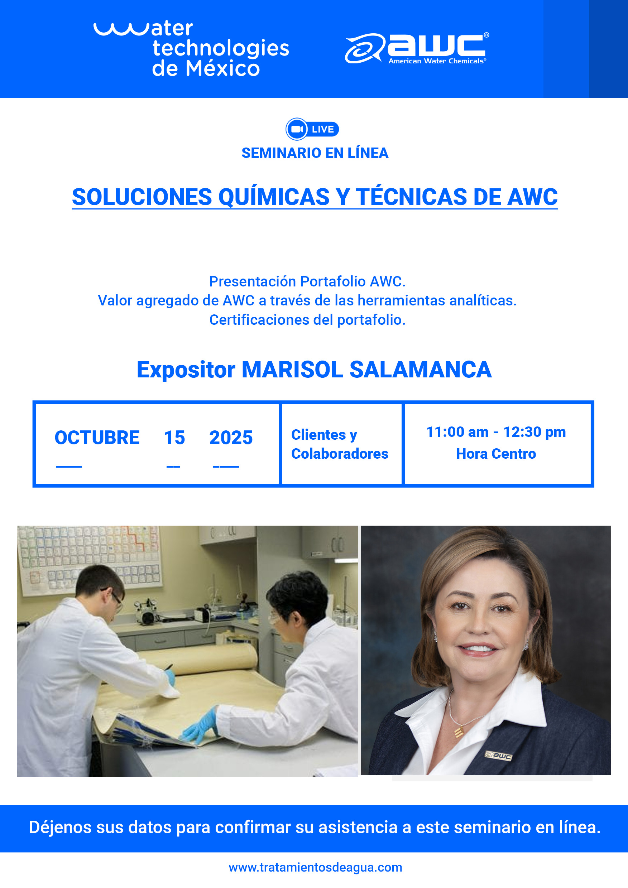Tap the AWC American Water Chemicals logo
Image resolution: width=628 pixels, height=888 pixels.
(x=417, y=48)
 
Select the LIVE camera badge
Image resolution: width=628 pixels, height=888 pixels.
(x=312, y=129)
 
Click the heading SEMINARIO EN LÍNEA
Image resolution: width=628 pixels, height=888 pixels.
(x=315, y=153)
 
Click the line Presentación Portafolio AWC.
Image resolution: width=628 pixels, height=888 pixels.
(x=307, y=281)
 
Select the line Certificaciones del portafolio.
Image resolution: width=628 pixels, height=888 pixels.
(x=307, y=320)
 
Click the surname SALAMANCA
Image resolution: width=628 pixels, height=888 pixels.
(x=421, y=370)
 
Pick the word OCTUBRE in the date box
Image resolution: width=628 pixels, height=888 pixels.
(x=97, y=438)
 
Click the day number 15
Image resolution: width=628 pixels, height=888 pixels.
(x=174, y=438)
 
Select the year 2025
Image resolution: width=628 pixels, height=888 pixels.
(x=231, y=438)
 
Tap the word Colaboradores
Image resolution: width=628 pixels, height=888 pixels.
(x=340, y=454)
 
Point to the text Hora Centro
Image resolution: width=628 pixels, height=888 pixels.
(x=496, y=454)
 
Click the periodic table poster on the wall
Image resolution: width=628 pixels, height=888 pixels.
(x=90, y=557)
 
